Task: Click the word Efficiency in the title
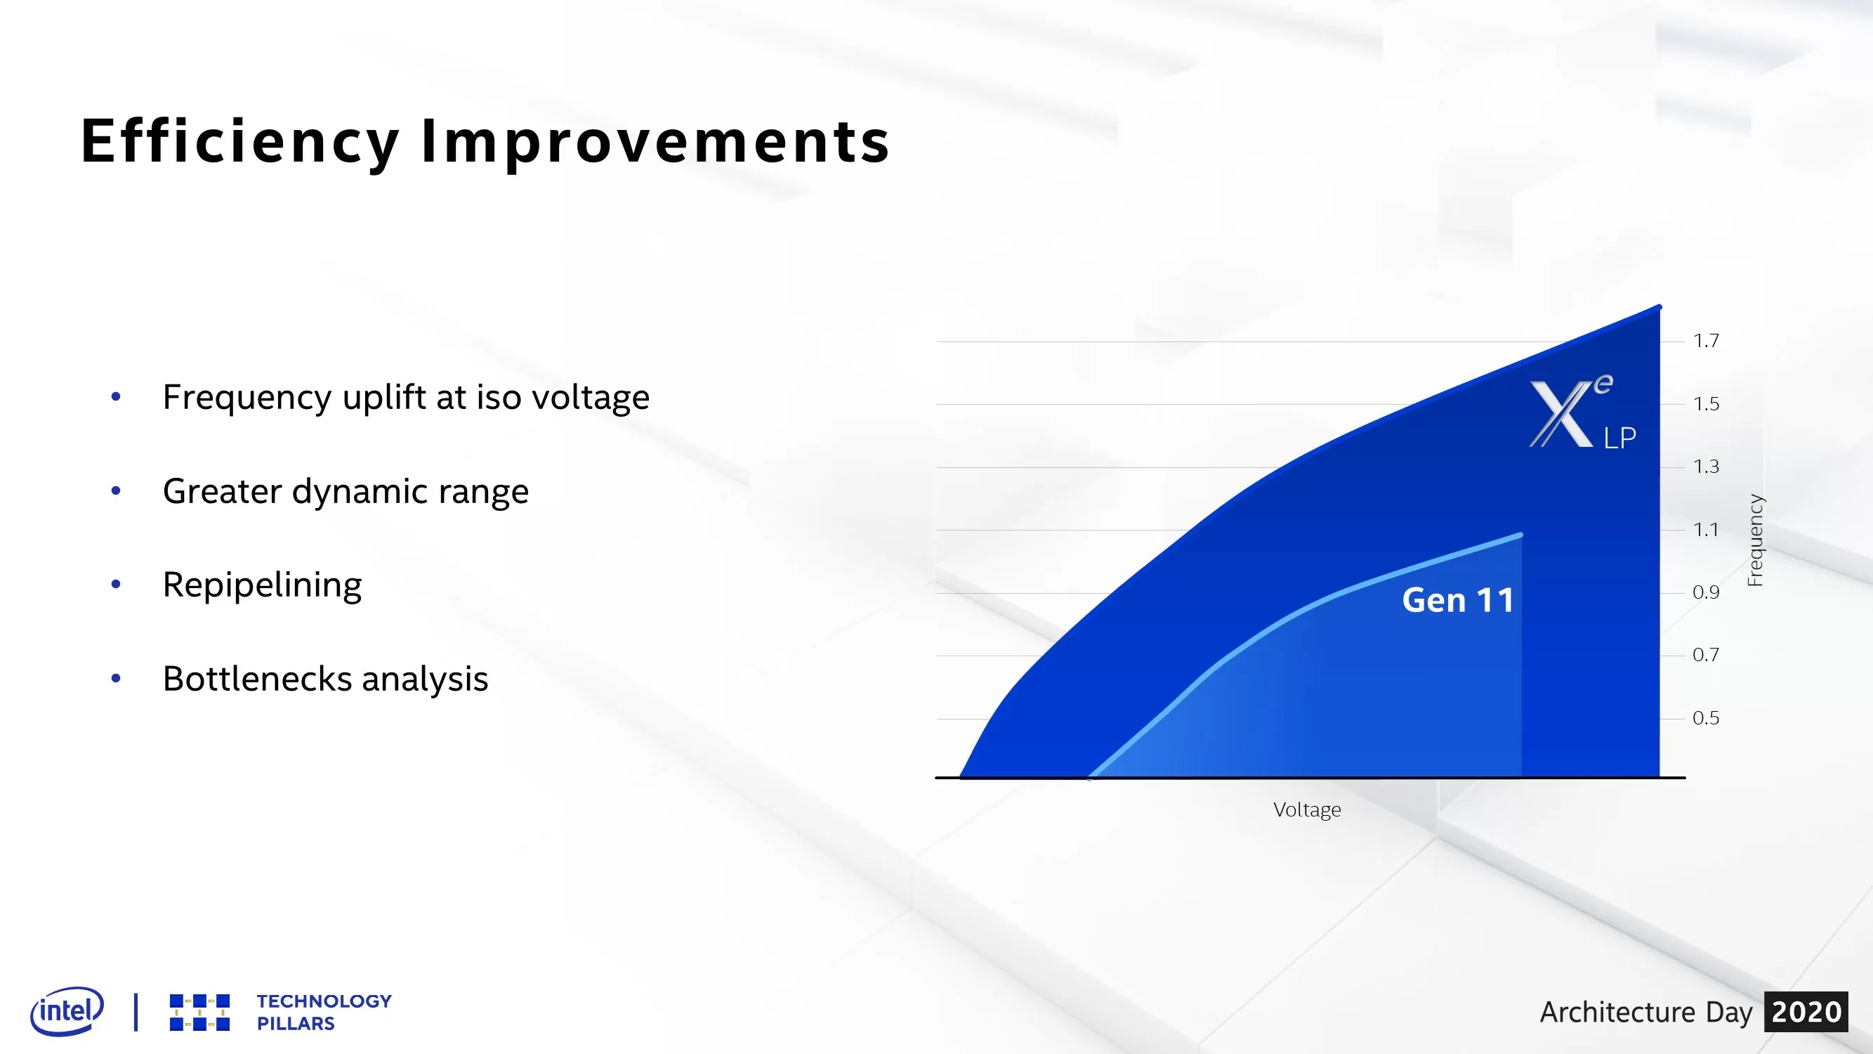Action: [240, 142]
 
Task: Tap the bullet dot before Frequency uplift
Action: [116, 397]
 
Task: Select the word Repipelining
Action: [262, 585]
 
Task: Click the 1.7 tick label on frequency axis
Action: [1706, 340]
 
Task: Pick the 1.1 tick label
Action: [1706, 530]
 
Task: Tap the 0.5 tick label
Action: [1706, 718]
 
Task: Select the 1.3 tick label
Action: [1706, 467]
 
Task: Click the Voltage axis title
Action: [1306, 809]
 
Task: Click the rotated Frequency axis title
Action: [1755, 540]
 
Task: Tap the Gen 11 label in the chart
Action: [1458, 601]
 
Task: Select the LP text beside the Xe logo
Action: [1620, 438]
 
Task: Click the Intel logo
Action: [67, 1010]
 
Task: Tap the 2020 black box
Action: [1806, 1012]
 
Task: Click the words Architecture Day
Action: [1645, 1012]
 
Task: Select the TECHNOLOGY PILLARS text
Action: [324, 1012]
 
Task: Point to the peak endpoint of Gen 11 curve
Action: [1520, 535]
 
